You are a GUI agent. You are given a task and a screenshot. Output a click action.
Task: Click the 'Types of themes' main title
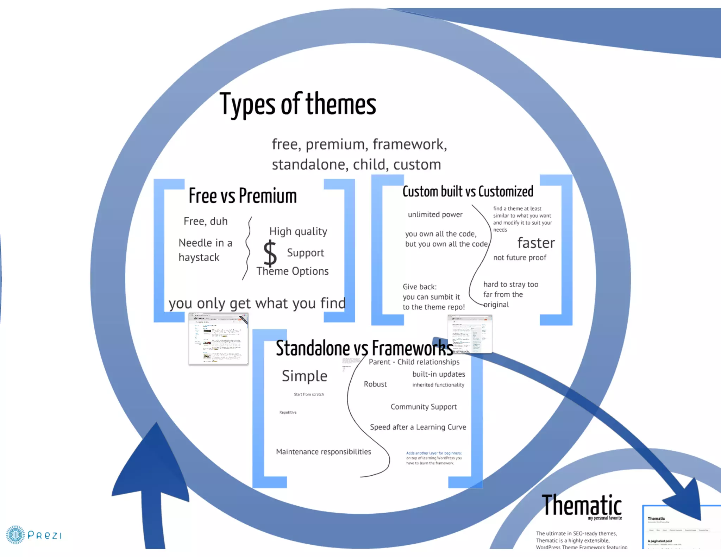(x=298, y=104)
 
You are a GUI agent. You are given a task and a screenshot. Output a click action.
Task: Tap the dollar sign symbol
(x=270, y=253)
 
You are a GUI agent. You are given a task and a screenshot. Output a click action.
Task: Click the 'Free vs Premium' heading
(x=243, y=196)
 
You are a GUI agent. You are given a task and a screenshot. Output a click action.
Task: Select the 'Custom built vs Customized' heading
(x=468, y=192)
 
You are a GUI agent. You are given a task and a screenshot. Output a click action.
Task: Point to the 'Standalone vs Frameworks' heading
(x=364, y=349)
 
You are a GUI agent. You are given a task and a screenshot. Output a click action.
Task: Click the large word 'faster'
(x=536, y=243)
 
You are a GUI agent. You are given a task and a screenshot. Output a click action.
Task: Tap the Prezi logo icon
(x=15, y=535)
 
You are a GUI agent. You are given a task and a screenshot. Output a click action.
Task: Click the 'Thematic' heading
(x=581, y=505)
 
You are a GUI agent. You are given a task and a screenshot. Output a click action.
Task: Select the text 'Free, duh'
(x=206, y=221)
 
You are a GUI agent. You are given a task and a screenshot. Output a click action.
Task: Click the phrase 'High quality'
(x=298, y=231)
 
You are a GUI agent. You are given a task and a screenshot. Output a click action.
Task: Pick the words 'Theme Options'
(x=293, y=271)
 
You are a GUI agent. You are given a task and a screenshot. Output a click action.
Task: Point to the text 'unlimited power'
(x=435, y=214)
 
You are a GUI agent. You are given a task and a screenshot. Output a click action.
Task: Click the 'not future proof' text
(x=520, y=258)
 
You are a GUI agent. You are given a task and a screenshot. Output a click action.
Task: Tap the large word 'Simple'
(x=305, y=376)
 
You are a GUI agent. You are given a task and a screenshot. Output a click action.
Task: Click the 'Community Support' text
(x=424, y=407)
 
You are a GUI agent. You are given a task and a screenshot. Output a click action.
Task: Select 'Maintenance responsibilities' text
(x=324, y=452)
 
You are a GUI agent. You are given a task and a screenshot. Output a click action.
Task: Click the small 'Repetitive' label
(x=288, y=412)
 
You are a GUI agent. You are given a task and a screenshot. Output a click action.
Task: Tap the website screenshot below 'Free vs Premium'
(x=218, y=339)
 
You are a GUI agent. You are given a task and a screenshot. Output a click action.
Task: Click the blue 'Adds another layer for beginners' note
(x=434, y=453)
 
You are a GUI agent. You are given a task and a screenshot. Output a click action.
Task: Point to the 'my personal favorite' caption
(x=604, y=518)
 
